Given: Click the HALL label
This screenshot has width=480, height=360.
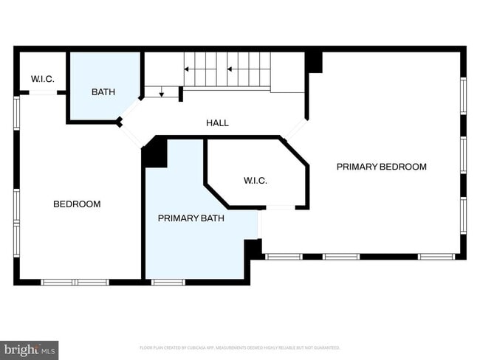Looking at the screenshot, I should click(x=217, y=123).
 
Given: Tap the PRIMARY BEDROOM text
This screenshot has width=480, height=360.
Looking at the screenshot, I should click(x=381, y=167).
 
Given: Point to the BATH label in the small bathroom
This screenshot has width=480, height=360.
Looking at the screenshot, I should click(x=103, y=92).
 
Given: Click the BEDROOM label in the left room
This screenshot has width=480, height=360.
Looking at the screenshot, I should click(x=77, y=204).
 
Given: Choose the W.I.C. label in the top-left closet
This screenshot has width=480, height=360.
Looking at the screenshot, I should click(x=42, y=79).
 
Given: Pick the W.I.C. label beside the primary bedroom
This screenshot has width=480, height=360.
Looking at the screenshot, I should click(x=255, y=181).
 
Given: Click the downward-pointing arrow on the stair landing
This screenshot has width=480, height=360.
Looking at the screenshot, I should click(x=162, y=92).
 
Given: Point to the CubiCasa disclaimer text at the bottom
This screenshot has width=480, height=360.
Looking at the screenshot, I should click(x=239, y=347).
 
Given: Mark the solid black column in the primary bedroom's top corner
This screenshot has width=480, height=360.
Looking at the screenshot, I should click(x=314, y=62).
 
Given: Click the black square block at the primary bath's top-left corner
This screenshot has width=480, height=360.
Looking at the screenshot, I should click(x=156, y=153).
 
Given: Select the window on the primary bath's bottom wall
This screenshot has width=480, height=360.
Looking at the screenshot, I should click(x=168, y=282).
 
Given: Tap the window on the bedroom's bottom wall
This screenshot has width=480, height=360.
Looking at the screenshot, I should click(x=75, y=282).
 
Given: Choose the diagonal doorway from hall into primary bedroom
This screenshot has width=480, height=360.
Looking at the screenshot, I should click(x=295, y=131).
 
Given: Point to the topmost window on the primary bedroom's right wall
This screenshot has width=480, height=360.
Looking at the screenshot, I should click(x=463, y=96).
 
